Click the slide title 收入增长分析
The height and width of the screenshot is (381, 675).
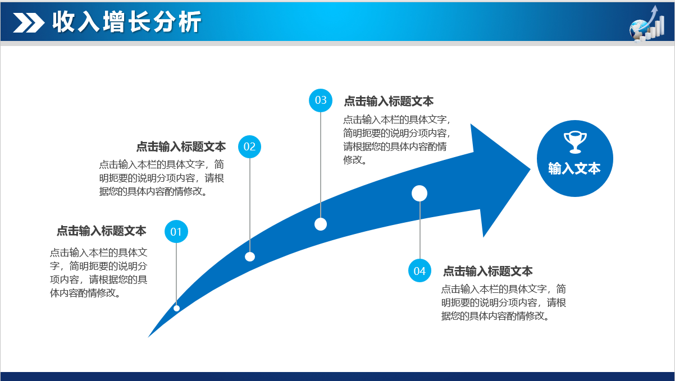click(x=126, y=22)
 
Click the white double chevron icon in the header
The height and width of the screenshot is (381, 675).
click(x=29, y=23)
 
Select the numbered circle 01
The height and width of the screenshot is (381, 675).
click(x=176, y=232)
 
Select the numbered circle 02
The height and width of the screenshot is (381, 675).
click(x=249, y=147)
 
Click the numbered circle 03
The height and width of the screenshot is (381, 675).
click(x=321, y=100)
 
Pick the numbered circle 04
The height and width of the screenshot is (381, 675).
click(x=419, y=271)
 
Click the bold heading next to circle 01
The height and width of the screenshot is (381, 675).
click(x=101, y=231)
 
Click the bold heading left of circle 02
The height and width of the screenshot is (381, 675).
click(x=181, y=146)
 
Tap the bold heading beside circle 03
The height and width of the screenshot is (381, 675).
click(x=389, y=101)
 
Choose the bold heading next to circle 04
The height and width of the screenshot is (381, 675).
click(x=488, y=271)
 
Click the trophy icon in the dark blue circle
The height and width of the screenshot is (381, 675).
click(x=574, y=142)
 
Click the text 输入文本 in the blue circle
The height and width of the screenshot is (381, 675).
click(x=574, y=168)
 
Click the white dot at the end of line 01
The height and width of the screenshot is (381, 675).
click(x=176, y=308)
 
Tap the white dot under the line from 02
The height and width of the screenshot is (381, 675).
click(x=250, y=256)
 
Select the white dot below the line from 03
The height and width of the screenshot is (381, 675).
click(x=321, y=224)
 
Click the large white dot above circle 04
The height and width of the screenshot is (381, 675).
click(x=419, y=193)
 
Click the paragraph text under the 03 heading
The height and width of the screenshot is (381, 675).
click(x=396, y=140)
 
